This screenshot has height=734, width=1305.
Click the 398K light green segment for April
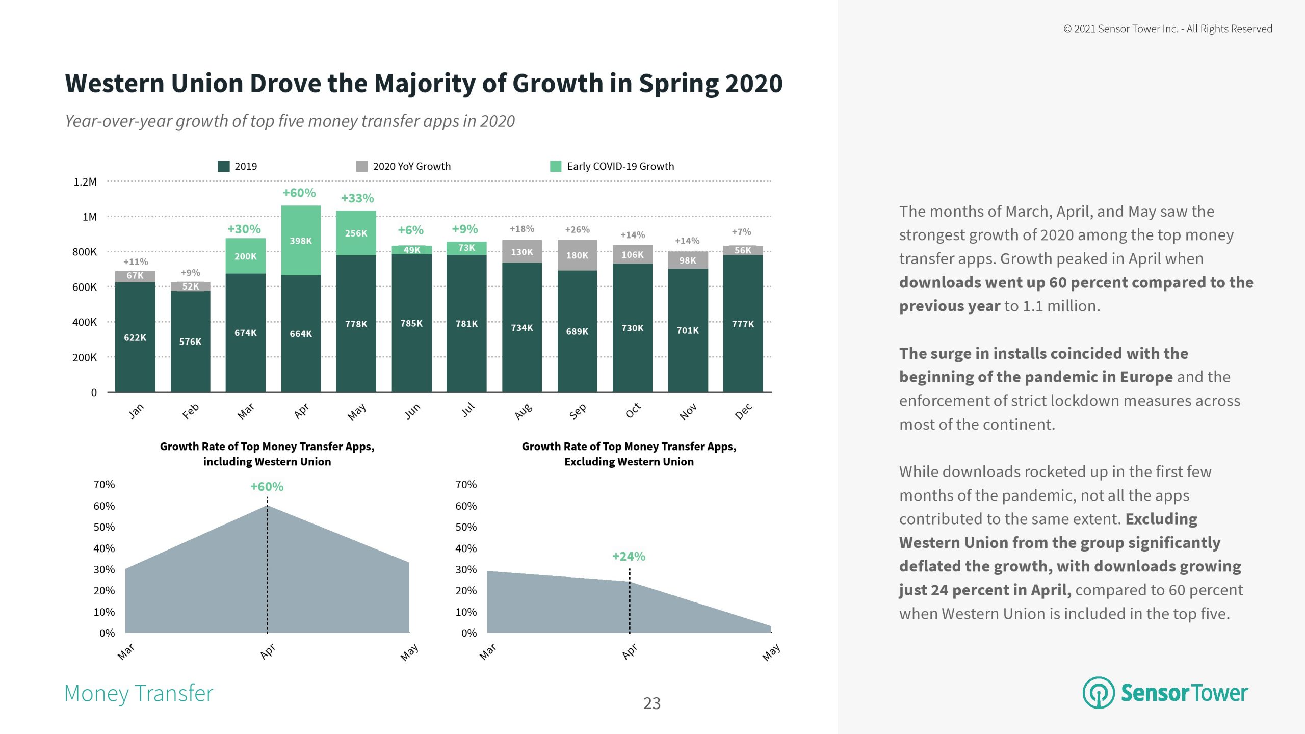click(x=301, y=241)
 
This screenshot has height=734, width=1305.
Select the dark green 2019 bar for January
click(x=135, y=337)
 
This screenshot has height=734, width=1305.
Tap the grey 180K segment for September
click(x=577, y=255)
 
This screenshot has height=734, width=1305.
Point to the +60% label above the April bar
click(x=299, y=193)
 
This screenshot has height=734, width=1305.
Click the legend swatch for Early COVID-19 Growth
click(x=556, y=166)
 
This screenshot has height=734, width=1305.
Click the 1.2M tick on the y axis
click(x=85, y=182)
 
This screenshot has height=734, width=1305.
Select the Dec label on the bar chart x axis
click(x=743, y=411)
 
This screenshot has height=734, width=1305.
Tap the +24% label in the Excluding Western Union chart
click(x=629, y=556)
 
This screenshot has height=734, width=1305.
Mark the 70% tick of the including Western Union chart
click(x=104, y=485)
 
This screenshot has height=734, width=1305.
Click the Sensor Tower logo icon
click(x=1099, y=693)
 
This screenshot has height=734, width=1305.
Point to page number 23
click(x=652, y=703)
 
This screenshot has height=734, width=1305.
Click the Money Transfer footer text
click(x=139, y=693)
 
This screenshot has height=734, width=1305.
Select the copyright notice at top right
click(x=1167, y=29)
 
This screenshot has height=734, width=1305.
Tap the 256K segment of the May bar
click(x=356, y=233)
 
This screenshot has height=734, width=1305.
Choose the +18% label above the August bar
click(x=522, y=229)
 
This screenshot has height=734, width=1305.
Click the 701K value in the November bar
click(x=688, y=330)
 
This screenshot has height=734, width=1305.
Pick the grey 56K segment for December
click(x=743, y=250)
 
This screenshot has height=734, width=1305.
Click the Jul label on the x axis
click(x=467, y=410)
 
